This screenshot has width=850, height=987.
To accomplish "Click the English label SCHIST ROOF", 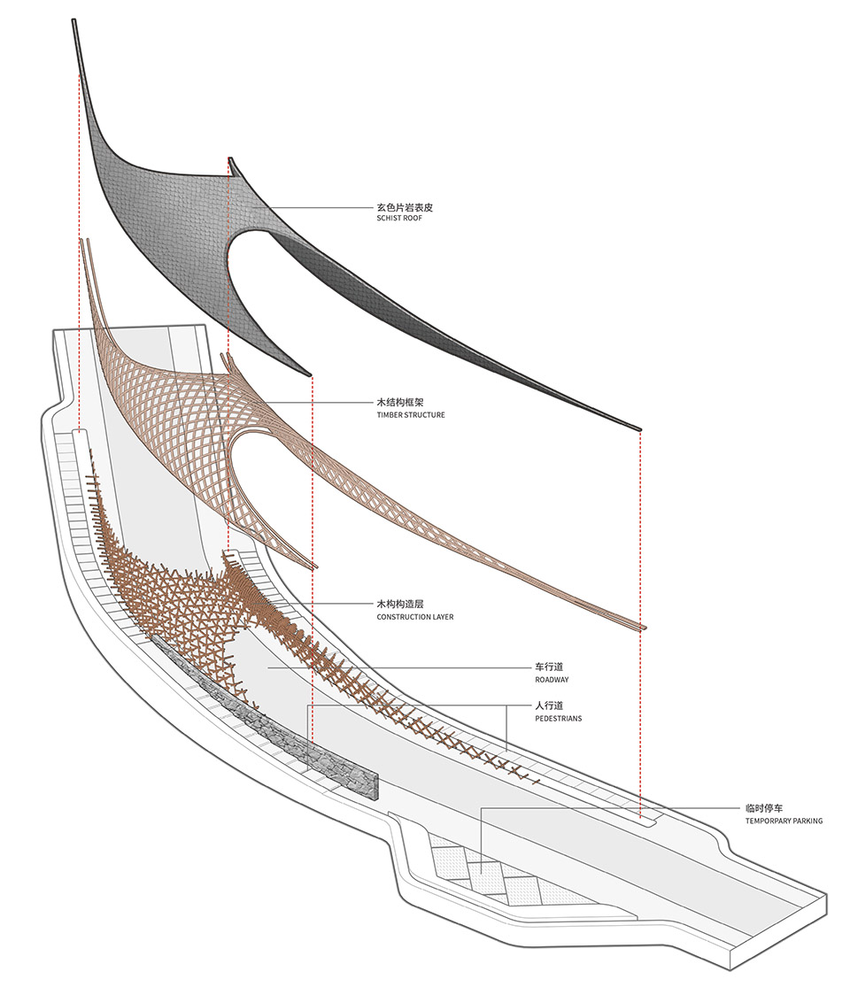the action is click(x=399, y=219).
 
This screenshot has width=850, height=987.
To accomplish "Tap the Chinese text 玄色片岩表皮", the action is click(x=405, y=207).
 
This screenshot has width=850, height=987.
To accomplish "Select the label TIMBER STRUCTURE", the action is click(x=411, y=415).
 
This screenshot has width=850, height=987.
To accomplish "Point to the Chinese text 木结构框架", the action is click(x=400, y=402).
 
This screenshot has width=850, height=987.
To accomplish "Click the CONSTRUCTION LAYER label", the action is click(x=415, y=617).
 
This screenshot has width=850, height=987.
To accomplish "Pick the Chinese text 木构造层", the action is click(x=400, y=605).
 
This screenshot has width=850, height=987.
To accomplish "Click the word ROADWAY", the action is click(x=552, y=680).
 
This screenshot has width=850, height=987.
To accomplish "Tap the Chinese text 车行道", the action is click(x=549, y=667).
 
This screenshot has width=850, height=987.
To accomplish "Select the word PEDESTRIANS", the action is click(x=559, y=718).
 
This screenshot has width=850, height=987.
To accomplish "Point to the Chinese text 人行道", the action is click(x=549, y=706).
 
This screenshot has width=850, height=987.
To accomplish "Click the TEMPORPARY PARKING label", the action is click(x=784, y=821).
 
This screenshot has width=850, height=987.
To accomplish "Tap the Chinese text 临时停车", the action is click(x=764, y=808).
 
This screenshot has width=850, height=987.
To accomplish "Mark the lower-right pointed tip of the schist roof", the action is click(x=640, y=429).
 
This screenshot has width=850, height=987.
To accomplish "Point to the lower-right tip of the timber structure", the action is click(x=645, y=627).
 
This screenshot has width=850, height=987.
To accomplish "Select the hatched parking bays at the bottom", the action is click(x=498, y=872).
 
